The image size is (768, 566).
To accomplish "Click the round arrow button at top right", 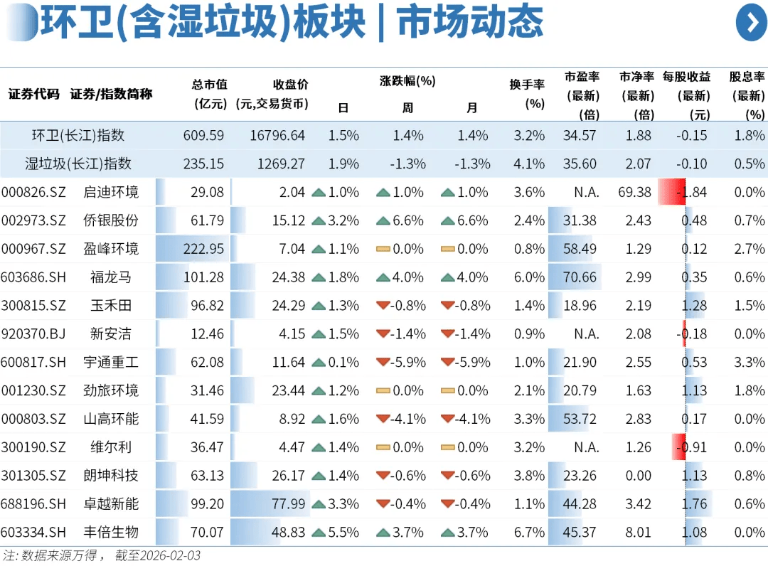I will [x=751, y=22].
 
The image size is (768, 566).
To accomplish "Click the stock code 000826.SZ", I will [x=33, y=192].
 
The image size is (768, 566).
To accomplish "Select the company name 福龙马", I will [x=111, y=277].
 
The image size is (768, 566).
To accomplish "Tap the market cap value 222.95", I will [x=203, y=249].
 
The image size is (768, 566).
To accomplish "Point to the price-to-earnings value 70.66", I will [x=580, y=277].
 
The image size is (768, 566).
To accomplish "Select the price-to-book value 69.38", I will [x=635, y=192].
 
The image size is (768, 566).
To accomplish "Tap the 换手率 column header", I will [x=527, y=93].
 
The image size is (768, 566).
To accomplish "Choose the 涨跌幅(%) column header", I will [x=407, y=81].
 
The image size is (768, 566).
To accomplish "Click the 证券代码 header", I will [x=33, y=94].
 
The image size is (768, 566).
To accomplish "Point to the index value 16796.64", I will [x=277, y=135].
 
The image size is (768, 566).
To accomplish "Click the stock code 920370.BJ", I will [x=33, y=334].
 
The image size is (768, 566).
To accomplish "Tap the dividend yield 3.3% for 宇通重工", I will [x=750, y=363].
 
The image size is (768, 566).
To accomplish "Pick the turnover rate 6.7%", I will [x=529, y=533].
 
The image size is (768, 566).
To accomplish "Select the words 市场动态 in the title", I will [x=470, y=23].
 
